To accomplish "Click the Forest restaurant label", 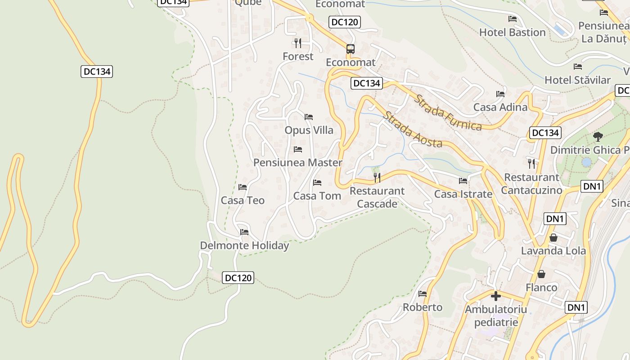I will pyautogui.click(x=298, y=56).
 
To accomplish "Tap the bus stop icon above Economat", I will pyautogui.click(x=350, y=49).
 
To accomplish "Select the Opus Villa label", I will pyautogui.click(x=309, y=130).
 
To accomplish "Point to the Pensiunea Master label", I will pyautogui.click(x=298, y=162).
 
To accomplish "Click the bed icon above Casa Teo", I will pyautogui.click(x=243, y=187).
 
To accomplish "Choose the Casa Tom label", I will pyautogui.click(x=317, y=196).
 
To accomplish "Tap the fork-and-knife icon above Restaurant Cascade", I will pyautogui.click(x=377, y=178).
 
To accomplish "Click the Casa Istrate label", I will pyautogui.click(x=463, y=194).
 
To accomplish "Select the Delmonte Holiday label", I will pyautogui.click(x=244, y=246).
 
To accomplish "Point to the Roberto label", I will pyautogui.click(x=423, y=307).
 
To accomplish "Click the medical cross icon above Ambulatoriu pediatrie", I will pyautogui.click(x=495, y=296).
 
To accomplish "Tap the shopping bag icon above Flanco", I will pyautogui.click(x=541, y=274).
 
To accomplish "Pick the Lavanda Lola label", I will pyautogui.click(x=553, y=251).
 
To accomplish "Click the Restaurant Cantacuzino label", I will pyautogui.click(x=531, y=184).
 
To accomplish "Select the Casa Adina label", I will pyautogui.click(x=500, y=107).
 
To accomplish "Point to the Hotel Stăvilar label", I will pyautogui.click(x=577, y=80).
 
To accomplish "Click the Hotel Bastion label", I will pyautogui.click(x=512, y=32).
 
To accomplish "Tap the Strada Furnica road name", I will pyautogui.click(x=448, y=112).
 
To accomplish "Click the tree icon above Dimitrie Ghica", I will pyautogui.click(x=598, y=136).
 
